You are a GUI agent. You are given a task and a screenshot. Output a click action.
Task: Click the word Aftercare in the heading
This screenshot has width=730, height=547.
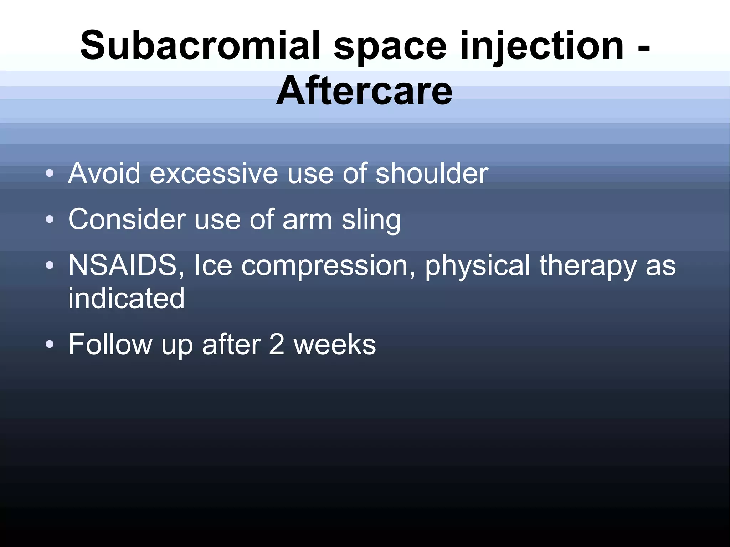pyautogui.click(x=364, y=91)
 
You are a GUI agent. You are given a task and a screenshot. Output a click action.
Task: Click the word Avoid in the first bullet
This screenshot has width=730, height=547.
pyautogui.click(x=104, y=174)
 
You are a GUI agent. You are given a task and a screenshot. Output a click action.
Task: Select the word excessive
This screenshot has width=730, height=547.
pyautogui.click(x=214, y=174)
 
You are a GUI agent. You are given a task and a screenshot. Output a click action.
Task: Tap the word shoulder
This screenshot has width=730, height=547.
pyautogui.click(x=432, y=174)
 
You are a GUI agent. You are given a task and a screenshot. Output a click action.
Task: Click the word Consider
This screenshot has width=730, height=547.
pyautogui.click(x=127, y=220)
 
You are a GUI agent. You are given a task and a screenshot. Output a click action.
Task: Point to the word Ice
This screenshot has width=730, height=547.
pyautogui.click(x=213, y=265)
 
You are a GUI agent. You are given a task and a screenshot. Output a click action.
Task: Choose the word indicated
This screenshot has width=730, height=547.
pyautogui.click(x=126, y=298)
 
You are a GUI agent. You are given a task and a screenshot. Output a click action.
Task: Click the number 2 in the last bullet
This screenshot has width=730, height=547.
pyautogui.click(x=277, y=344)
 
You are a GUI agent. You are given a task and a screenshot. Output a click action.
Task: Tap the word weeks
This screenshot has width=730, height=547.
pyautogui.click(x=335, y=344)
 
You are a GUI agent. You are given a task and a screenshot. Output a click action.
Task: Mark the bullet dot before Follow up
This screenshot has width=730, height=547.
pyautogui.click(x=50, y=344)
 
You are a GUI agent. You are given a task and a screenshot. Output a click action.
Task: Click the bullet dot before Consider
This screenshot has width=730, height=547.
pyautogui.click(x=50, y=220)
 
